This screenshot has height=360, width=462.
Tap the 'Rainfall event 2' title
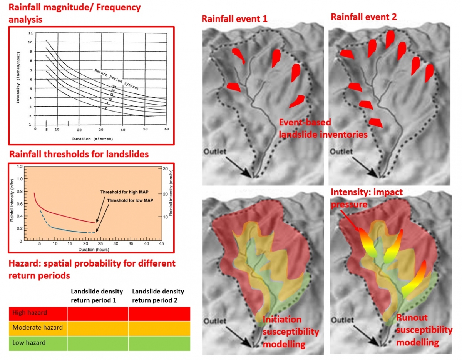[x=363, y=17]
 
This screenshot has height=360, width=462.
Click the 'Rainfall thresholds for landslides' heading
[x=79, y=155]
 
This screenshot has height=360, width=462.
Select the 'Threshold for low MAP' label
[x=128, y=200]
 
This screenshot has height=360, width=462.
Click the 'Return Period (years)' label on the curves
[x=117, y=78]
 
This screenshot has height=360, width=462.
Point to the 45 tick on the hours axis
[x=161, y=244]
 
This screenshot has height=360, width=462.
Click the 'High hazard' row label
[x=30, y=313]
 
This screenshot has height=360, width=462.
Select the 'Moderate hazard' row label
[x=37, y=328]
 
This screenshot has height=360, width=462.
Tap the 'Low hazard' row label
[x=29, y=343]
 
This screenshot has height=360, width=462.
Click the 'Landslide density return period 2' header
[x=158, y=295]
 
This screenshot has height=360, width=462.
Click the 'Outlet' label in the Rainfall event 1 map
[x=216, y=152]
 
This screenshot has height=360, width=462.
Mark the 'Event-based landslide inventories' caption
[x=323, y=129]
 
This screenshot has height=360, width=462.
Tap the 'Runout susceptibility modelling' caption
[x=424, y=330]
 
